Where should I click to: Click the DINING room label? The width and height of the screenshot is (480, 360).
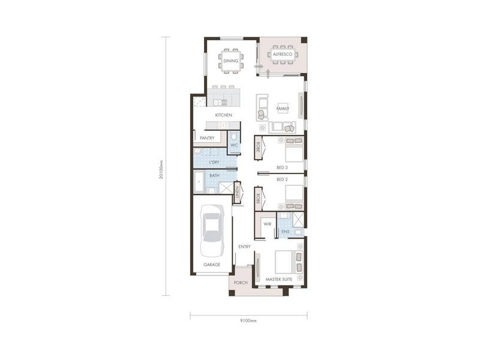pyautogui.click(x=230, y=61)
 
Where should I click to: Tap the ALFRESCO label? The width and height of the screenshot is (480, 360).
pyautogui.click(x=281, y=55)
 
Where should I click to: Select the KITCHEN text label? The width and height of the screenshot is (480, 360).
pyautogui.click(x=223, y=115)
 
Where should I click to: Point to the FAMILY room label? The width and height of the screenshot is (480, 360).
pyautogui.click(x=282, y=109)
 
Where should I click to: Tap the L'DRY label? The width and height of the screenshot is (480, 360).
pyautogui.click(x=214, y=162)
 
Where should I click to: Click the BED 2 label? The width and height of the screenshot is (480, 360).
pyautogui.click(x=283, y=179)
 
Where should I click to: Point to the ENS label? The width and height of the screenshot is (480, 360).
pyautogui.click(x=285, y=231)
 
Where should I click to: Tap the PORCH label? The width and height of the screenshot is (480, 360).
pyautogui.click(x=241, y=283)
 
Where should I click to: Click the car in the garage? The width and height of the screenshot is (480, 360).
pyautogui.click(x=212, y=230)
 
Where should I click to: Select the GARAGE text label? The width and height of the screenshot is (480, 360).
pyautogui.click(x=211, y=264)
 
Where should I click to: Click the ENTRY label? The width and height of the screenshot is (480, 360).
pyautogui.click(x=244, y=247)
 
